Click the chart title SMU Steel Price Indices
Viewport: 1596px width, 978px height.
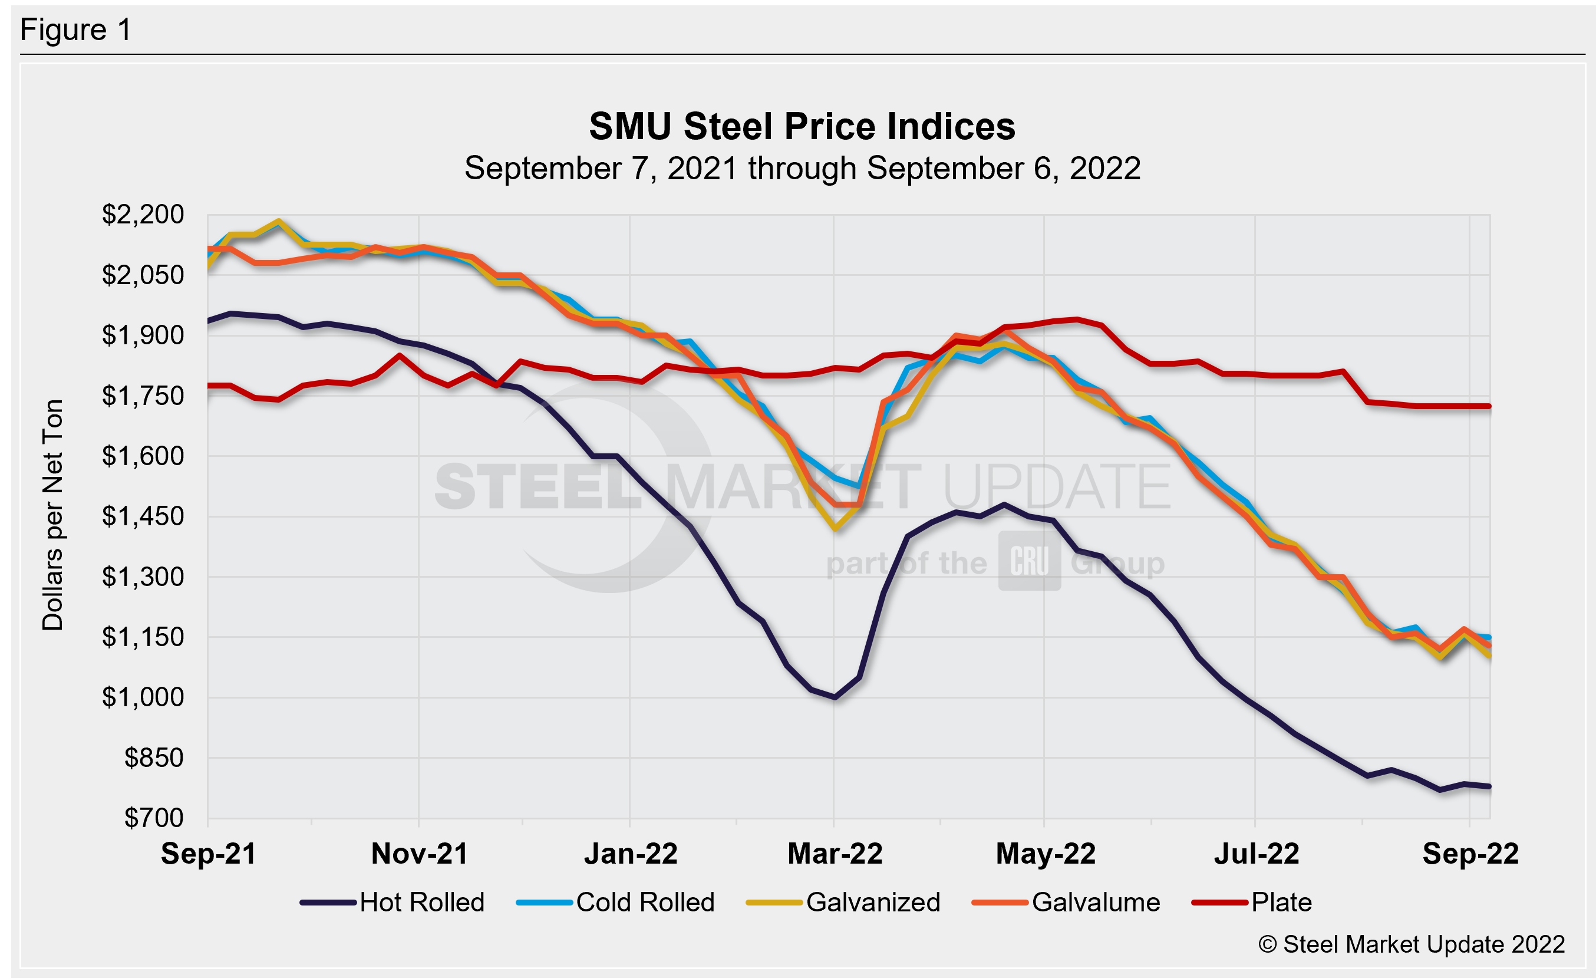coord(802,126)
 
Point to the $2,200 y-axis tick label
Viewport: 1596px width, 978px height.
coord(143,215)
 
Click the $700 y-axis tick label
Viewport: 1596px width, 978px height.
coord(154,818)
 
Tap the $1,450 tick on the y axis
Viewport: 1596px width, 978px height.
coord(143,516)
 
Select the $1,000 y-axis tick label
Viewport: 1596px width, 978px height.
coord(143,697)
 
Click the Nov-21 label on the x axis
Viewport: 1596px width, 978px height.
coord(420,854)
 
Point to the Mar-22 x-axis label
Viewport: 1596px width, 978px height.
coord(835,854)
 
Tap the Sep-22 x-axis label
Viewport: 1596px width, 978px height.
coord(1470,854)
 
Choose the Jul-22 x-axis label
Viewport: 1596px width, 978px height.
coord(1257,854)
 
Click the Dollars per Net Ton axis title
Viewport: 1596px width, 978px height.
coord(53,515)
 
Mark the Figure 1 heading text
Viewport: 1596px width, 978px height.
coord(76,30)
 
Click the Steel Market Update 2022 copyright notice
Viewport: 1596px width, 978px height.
coord(1412,944)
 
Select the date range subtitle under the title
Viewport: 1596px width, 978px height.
coord(802,169)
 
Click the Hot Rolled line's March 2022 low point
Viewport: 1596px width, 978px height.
coord(835,697)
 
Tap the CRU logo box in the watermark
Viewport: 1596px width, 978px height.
coord(1029,561)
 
